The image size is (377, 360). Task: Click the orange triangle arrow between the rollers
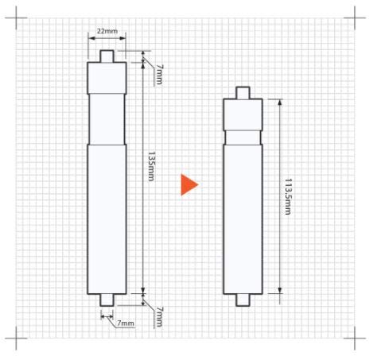point(188,184)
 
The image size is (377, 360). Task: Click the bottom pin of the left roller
point(107,298)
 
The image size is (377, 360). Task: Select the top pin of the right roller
point(243,92)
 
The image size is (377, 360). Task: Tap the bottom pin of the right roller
point(243,299)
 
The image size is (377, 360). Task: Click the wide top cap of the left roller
point(107,77)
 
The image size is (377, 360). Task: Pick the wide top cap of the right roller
point(243,113)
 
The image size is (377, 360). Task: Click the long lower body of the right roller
point(243,219)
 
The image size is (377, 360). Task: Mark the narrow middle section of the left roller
point(107,119)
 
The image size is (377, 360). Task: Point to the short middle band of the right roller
point(243,136)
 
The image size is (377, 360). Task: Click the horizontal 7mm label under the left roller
point(125,323)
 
